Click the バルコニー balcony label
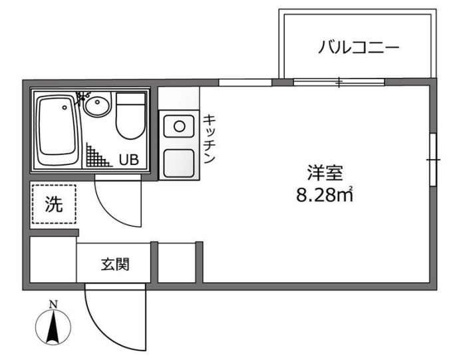click(x=358, y=47)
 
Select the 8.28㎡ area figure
click(x=325, y=196)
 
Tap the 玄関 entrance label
click(x=114, y=264)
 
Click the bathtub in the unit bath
click(x=57, y=132)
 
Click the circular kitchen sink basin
click(x=178, y=124)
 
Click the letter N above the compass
click(x=53, y=305)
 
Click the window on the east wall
click(x=433, y=160)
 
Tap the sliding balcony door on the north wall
click(x=339, y=83)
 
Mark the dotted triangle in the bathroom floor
click(x=96, y=157)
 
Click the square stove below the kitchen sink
click(x=178, y=162)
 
